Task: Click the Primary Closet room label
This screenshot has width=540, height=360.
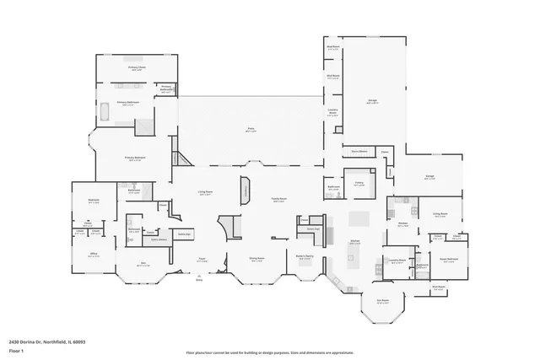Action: (x=136, y=67)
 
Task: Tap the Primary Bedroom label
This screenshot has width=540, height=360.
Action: (x=135, y=158)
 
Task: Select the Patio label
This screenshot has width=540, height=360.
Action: (x=251, y=129)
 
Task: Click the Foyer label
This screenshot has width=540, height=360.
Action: (x=202, y=259)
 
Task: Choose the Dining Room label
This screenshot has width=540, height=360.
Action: (x=257, y=259)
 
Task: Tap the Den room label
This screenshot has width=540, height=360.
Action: (x=143, y=263)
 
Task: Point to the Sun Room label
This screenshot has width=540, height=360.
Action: (x=382, y=301)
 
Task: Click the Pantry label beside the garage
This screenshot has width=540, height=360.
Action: (x=359, y=182)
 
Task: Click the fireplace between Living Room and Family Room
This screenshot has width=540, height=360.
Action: (x=245, y=190)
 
